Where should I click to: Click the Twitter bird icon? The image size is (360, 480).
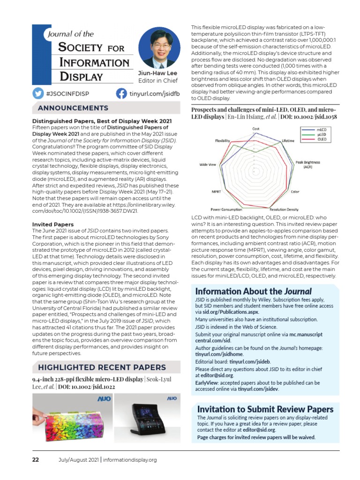coord(38,93)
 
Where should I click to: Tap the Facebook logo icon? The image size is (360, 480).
coord(121,93)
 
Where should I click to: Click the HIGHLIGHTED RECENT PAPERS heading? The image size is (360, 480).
coord(102,367)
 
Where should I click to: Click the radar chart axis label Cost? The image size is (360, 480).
coord(256,128)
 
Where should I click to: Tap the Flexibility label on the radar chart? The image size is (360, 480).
coord(222,140)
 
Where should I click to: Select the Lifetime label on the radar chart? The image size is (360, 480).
coord(288,140)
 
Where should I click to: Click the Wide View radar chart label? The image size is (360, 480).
coord(208,165)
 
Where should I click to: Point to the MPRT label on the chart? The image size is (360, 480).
coord(217,192)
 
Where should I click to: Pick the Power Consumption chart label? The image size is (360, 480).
coord(226,209)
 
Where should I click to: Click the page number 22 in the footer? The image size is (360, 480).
coord(36,460)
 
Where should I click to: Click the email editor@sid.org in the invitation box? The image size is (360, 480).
coord(260,429)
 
